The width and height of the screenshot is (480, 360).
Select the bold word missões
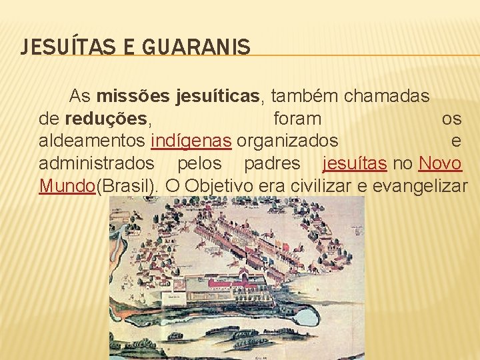coord(134,96)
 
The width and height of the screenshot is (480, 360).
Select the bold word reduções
coord(107,119)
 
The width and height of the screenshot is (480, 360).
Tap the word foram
coord(297,119)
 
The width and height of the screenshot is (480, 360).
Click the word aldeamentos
coord(93,141)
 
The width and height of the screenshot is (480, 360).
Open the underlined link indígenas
coord(191,141)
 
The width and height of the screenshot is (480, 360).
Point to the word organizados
coord(287,141)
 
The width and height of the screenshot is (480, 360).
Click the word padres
coord(272,163)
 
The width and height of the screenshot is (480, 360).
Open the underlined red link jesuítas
coord(353,163)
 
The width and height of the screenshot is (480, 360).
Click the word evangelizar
coord(420,185)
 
